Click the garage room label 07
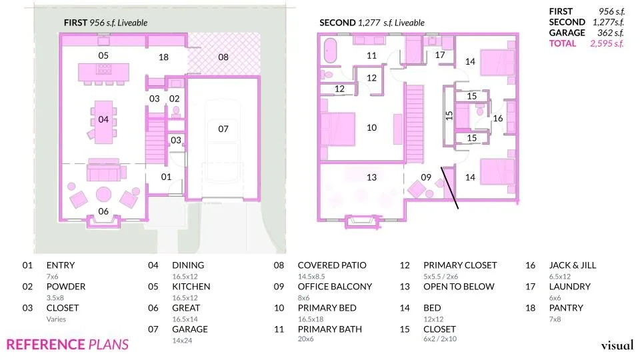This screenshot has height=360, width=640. coord(223,129)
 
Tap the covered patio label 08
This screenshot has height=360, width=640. coord(223,57)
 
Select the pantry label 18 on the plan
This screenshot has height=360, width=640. coord(163,57)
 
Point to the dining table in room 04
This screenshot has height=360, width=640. coord(103,121)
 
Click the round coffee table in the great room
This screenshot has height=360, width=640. coord(104,195)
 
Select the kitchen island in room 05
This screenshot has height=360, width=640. coord(103,71)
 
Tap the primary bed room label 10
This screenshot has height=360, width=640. coord(371,127)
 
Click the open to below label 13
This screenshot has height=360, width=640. coord(371,177)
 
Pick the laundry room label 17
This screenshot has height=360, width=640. coord(439,55)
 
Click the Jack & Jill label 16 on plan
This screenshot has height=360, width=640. coord(497,118)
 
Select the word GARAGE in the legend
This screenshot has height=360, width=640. coord(190,329)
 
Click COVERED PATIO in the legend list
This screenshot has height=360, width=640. coord(331,265)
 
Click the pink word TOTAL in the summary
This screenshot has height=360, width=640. coord(561,43)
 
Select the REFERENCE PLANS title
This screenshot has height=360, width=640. coord(67,345)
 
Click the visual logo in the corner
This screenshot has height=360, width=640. coord(617,345)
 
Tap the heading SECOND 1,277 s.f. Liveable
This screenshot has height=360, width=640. coord(371,23)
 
